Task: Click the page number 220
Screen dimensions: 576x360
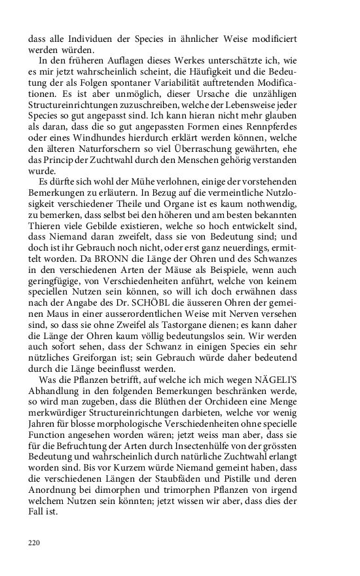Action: [x=35, y=542]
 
